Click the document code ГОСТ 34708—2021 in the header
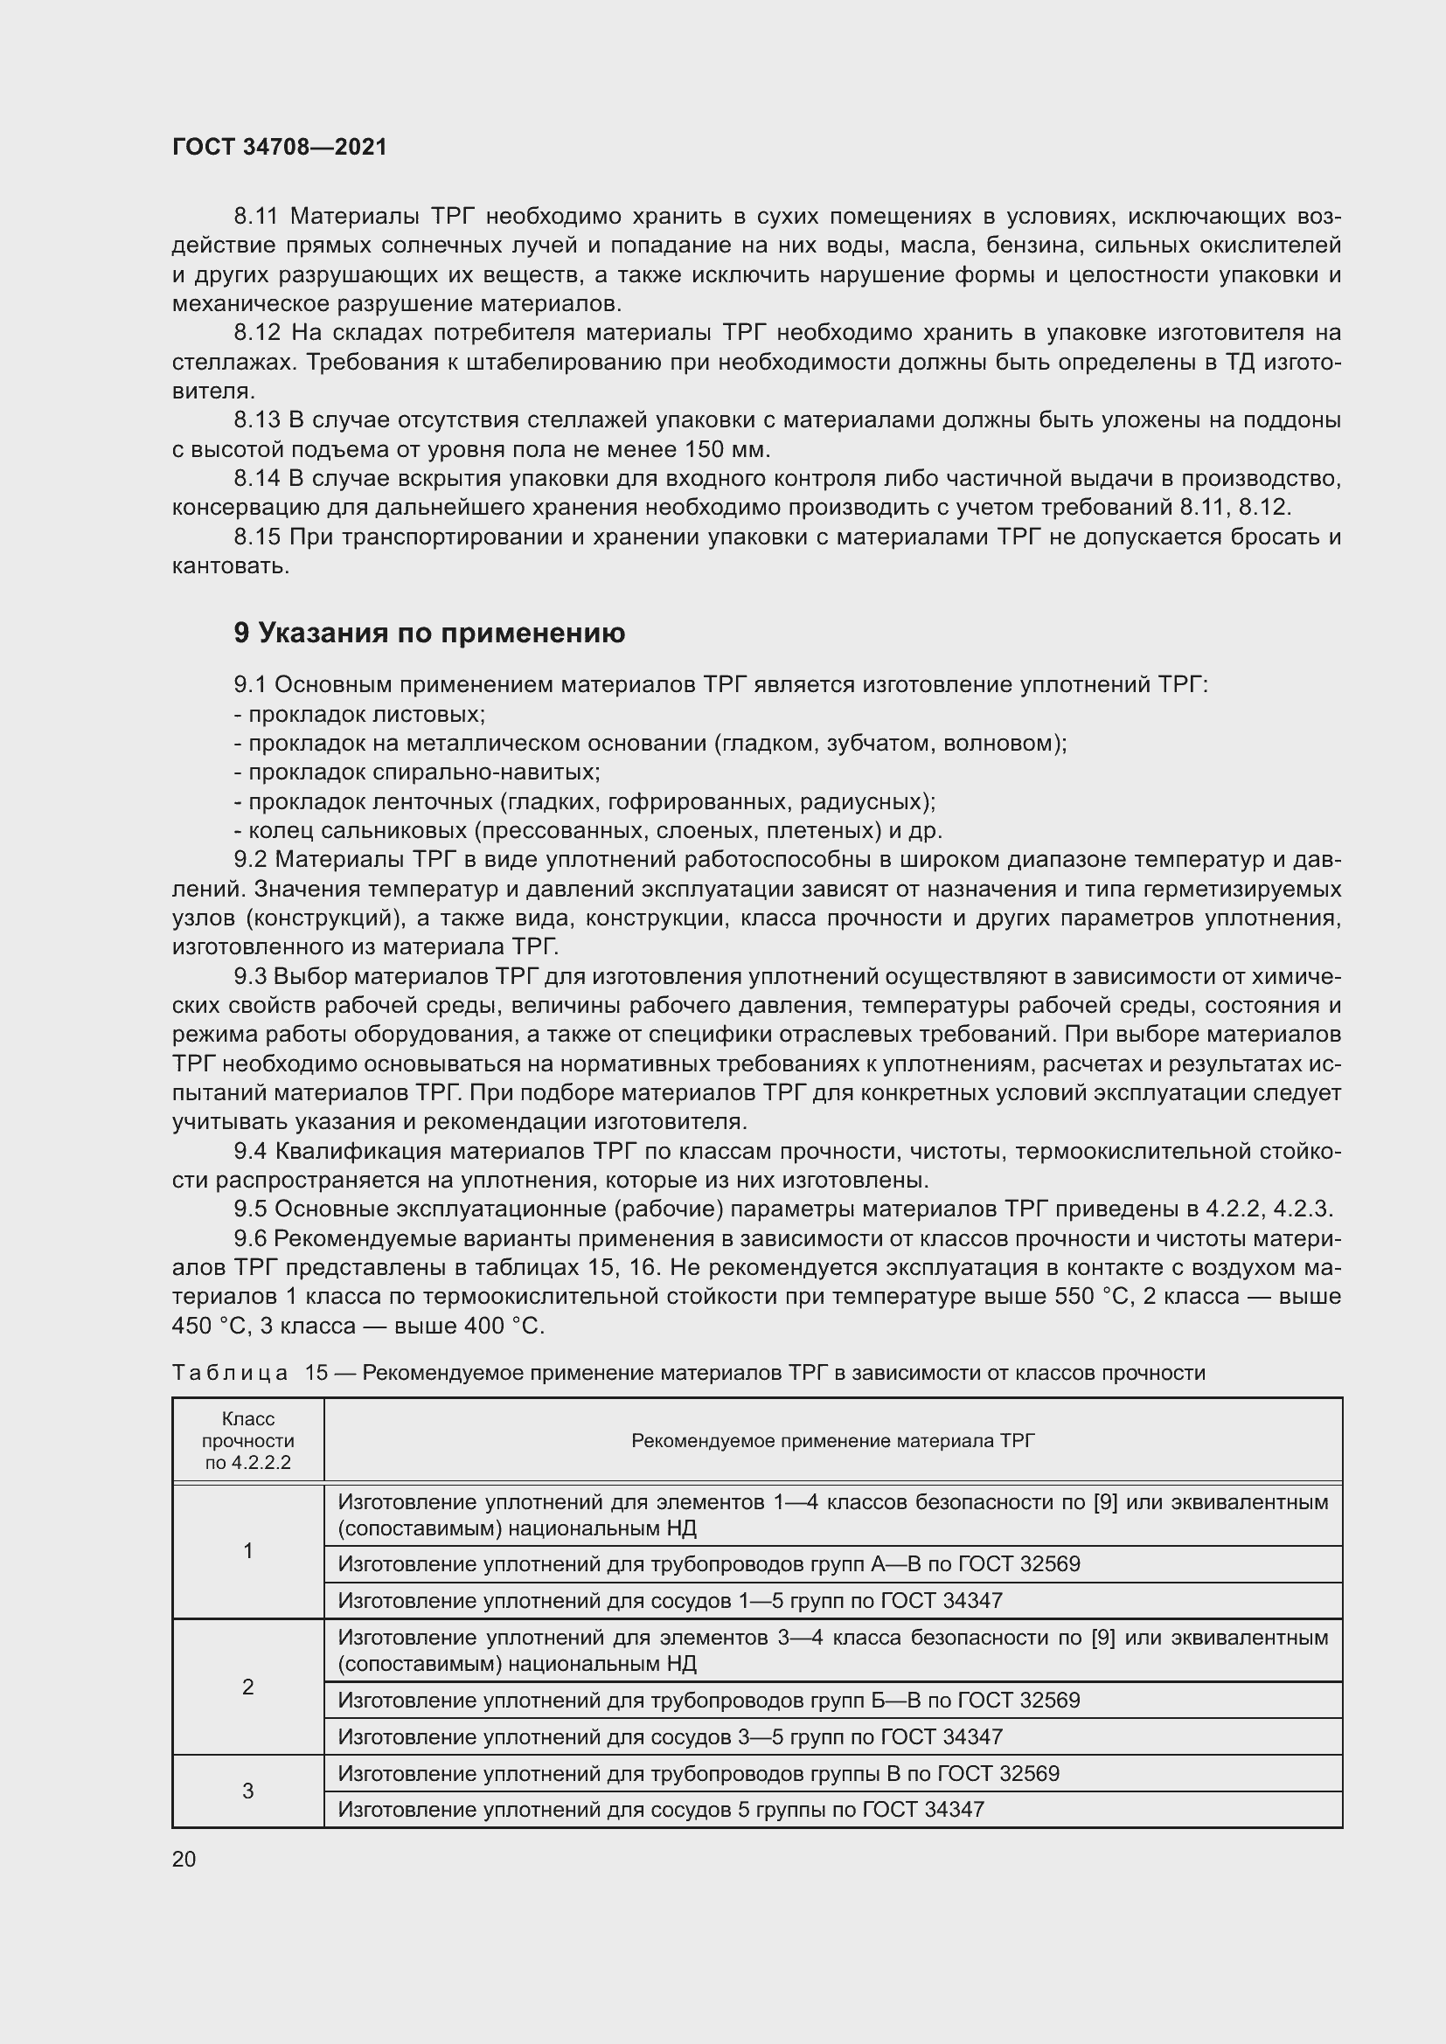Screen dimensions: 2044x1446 (x=280, y=147)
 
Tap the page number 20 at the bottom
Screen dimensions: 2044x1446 (x=184, y=1859)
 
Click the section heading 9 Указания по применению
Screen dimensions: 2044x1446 (x=429, y=633)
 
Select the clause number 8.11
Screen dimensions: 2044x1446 (x=255, y=217)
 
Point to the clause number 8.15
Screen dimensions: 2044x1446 (x=255, y=537)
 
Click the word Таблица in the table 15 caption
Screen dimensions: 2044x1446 (x=230, y=1373)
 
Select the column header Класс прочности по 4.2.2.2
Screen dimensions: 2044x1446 (x=247, y=1440)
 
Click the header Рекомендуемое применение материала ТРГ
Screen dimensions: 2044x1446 (x=832, y=1440)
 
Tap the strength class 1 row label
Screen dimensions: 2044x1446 (x=247, y=1551)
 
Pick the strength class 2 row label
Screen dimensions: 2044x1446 (x=247, y=1687)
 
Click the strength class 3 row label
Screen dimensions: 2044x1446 (x=247, y=1791)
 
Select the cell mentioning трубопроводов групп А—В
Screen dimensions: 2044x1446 (x=709, y=1564)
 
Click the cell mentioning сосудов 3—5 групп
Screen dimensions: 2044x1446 (x=670, y=1737)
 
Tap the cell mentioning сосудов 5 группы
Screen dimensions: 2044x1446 (x=661, y=1809)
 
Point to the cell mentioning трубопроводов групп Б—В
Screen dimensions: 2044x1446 (x=709, y=1701)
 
